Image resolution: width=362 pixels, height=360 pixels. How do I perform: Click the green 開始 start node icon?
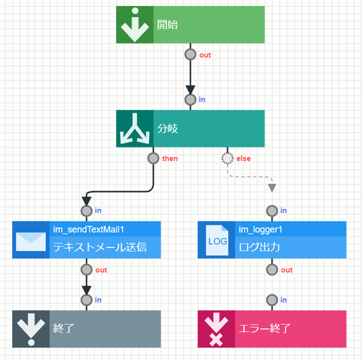click(135, 25)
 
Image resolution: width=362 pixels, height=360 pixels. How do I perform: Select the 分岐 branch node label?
click(168, 129)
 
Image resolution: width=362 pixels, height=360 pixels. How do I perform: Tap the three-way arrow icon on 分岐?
click(135, 129)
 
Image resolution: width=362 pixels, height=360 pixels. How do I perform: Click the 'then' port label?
click(170, 159)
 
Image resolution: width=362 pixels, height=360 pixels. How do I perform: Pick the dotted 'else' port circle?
click(227, 158)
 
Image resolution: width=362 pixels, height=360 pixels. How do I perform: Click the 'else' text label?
click(244, 159)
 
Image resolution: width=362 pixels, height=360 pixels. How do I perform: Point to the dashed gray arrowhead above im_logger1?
click(272, 188)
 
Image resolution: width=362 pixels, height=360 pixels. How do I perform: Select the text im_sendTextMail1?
click(88, 230)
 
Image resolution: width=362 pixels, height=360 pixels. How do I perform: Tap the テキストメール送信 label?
click(100, 247)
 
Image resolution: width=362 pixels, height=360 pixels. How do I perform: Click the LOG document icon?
click(217, 241)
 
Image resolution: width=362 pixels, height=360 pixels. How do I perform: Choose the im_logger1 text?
click(261, 230)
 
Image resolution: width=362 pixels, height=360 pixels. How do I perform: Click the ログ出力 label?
click(259, 247)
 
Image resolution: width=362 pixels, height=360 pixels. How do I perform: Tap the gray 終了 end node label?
click(63, 328)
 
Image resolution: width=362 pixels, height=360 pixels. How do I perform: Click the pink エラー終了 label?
click(265, 328)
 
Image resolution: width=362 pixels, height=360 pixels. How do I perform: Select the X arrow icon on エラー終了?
click(217, 329)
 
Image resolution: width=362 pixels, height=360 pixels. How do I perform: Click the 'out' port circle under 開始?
click(190, 54)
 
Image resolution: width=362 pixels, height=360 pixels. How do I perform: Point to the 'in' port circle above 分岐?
click(190, 99)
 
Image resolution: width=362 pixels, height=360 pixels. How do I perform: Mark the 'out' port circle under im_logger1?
click(272, 270)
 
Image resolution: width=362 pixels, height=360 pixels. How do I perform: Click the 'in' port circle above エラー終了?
click(272, 300)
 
